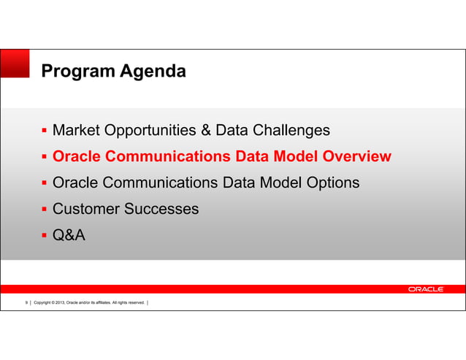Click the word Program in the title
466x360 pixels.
(75, 72)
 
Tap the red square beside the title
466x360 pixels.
(15, 63)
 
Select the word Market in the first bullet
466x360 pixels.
(77, 131)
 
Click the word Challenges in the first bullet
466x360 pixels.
(291, 131)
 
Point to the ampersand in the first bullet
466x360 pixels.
(208, 131)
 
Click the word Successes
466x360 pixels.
(162, 209)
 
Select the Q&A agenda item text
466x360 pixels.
(69, 235)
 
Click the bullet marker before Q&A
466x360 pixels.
(45, 236)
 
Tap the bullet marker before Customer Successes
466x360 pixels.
(45, 210)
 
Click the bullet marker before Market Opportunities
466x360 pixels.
(45, 131)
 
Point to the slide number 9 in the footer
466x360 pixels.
(27, 303)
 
